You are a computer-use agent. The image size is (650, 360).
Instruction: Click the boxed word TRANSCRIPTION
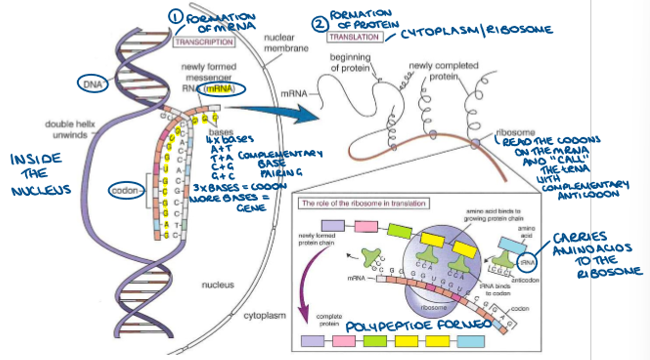[204, 42]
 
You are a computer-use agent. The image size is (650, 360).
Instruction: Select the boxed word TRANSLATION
[354, 37]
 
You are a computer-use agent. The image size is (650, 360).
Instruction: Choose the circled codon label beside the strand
[125, 191]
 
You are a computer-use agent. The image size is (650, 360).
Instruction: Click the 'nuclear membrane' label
[286, 43]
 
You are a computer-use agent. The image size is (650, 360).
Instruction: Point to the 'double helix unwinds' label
[66, 130]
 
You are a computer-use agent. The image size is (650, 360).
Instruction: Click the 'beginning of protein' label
[350, 62]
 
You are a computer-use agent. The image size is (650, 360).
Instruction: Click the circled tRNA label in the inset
[526, 261]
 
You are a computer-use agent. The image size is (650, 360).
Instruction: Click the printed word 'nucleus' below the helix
[217, 284]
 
